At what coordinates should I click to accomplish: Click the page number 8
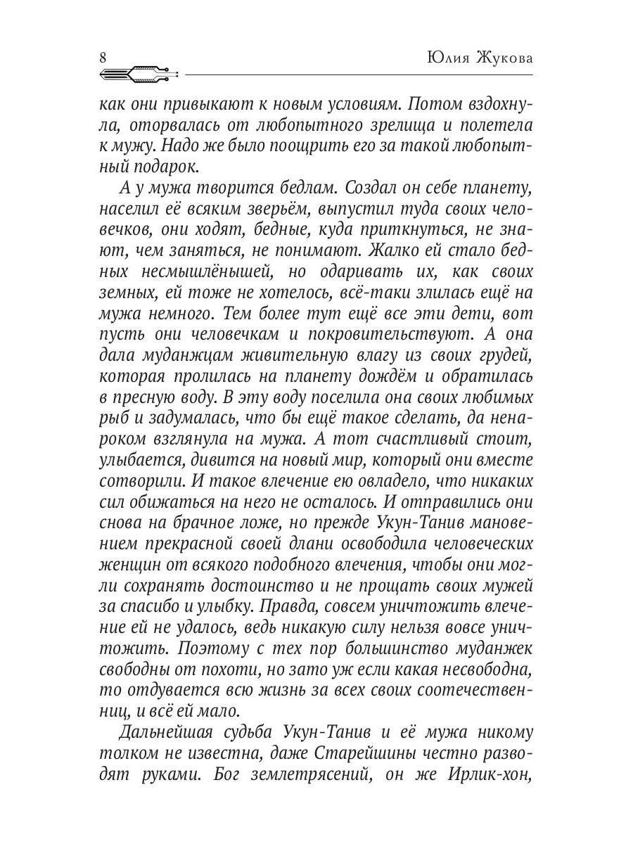[103, 58]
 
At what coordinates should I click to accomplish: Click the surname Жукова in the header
[504, 58]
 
